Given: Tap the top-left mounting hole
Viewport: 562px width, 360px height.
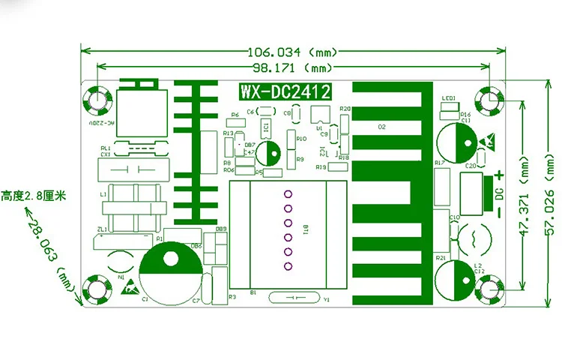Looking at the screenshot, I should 98,98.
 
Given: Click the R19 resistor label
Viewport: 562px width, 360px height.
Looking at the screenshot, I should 321,166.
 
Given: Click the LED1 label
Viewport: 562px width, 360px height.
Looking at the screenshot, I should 449,98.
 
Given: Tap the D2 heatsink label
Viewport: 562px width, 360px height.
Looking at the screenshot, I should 382,127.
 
